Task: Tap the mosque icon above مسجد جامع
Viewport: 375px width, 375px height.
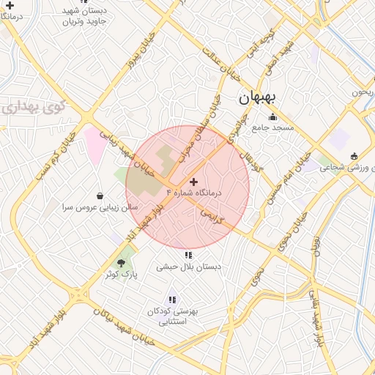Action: click(x=272, y=117)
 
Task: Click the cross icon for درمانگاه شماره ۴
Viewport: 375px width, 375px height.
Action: click(x=193, y=181)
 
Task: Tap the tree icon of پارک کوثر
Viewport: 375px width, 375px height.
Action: click(x=122, y=263)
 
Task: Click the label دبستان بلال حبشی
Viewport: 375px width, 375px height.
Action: click(x=188, y=267)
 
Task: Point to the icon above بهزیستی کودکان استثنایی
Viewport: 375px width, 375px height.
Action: click(x=172, y=299)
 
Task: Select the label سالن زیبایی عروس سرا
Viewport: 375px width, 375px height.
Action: click(x=99, y=208)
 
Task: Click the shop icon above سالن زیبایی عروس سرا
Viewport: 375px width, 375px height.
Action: click(x=100, y=196)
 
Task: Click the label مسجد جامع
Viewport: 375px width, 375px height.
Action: click(x=272, y=127)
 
